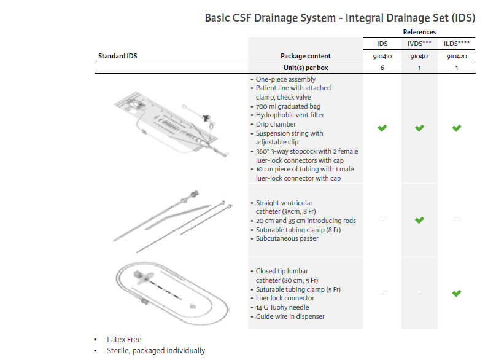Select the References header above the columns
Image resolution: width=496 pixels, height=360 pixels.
[x=419, y=32]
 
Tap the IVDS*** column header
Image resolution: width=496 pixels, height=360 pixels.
[x=419, y=44]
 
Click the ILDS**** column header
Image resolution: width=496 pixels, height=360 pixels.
[x=457, y=44]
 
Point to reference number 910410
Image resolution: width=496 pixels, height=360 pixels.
[x=382, y=56]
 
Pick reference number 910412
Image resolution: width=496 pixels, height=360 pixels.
[x=419, y=56]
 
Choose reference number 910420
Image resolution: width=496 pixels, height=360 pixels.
[x=457, y=56]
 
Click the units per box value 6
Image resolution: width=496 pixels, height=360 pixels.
[x=382, y=68]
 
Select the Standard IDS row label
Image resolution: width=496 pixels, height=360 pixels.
[x=118, y=56]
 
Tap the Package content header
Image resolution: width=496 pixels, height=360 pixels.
[x=306, y=56]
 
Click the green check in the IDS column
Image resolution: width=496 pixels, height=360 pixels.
[x=382, y=128]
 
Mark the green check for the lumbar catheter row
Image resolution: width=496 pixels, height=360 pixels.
[x=457, y=293]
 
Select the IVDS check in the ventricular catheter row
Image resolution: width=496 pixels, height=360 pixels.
[x=419, y=220]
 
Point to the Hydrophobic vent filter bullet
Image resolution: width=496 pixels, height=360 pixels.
[x=290, y=115]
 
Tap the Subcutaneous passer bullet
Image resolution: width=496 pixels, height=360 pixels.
[x=287, y=238]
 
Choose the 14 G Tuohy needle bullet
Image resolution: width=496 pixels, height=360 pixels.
[x=282, y=307]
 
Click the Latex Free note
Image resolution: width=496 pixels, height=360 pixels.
[x=124, y=339]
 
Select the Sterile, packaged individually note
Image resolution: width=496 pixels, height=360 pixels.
[x=156, y=351]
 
